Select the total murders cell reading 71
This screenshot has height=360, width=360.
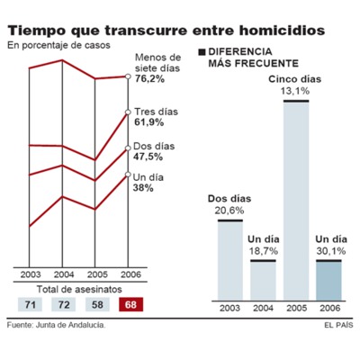(x=30, y=305)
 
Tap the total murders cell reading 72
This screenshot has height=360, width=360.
(x=63, y=305)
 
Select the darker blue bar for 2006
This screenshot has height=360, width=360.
(x=329, y=280)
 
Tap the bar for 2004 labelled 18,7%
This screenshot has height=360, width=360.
(x=264, y=279)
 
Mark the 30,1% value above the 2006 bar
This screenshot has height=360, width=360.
(x=329, y=252)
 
